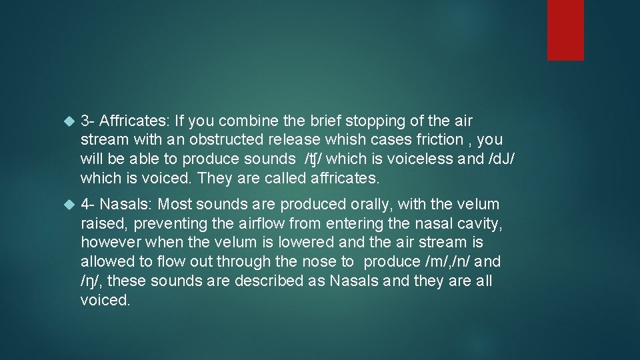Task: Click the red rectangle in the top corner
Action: pyautogui.click(x=565, y=29)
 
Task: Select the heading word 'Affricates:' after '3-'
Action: pyautogui.click(x=135, y=121)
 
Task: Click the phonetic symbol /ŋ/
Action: pyautogui.click(x=90, y=281)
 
